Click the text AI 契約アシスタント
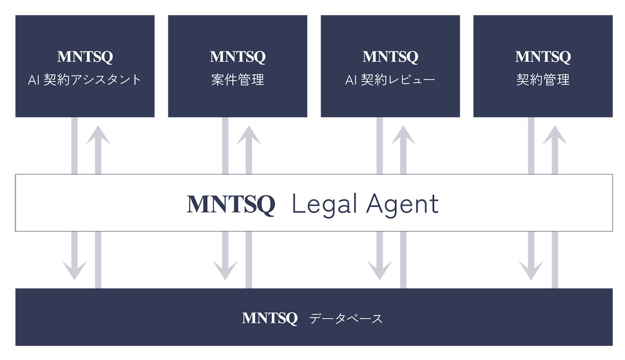pyautogui.click(x=85, y=80)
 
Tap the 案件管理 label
pyautogui.click(x=238, y=80)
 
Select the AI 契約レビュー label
pyautogui.click(x=390, y=80)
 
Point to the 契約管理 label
pyautogui.click(x=543, y=80)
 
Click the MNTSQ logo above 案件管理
pyautogui.click(x=238, y=57)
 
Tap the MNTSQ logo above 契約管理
pyautogui.click(x=543, y=57)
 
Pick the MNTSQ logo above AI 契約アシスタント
pyautogui.click(x=85, y=57)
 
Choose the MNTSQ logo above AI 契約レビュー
pyautogui.click(x=390, y=57)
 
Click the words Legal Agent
pyautogui.click(x=365, y=205)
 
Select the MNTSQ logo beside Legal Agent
pyautogui.click(x=231, y=205)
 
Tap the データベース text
pyautogui.click(x=346, y=318)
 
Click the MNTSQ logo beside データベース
pyautogui.click(x=270, y=318)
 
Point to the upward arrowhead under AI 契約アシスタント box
pyautogui.click(x=98, y=135)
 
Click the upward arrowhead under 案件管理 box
pyautogui.click(x=249, y=135)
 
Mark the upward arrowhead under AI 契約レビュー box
pyautogui.click(x=403, y=135)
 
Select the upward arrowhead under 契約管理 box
pyautogui.click(x=555, y=135)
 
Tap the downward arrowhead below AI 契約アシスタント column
pyautogui.click(x=74, y=270)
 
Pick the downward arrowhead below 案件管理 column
pyautogui.click(x=225, y=270)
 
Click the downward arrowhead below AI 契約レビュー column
pyautogui.click(x=380, y=270)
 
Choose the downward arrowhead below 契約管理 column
pyautogui.click(x=531, y=270)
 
